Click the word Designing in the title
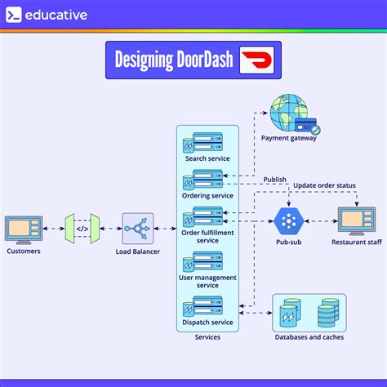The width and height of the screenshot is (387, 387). pyautogui.click(x=144, y=60)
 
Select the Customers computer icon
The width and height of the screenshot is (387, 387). pyautogui.click(x=23, y=229)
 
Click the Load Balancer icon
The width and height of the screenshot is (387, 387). pyautogui.click(x=138, y=229)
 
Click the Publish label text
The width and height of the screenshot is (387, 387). pyautogui.click(x=275, y=179)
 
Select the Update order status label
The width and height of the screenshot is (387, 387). pyautogui.click(x=324, y=186)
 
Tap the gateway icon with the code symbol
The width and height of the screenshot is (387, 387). pyautogui.click(x=82, y=229)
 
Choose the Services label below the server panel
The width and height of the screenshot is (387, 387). pyautogui.click(x=207, y=337)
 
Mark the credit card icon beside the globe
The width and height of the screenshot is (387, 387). pyautogui.click(x=308, y=127)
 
